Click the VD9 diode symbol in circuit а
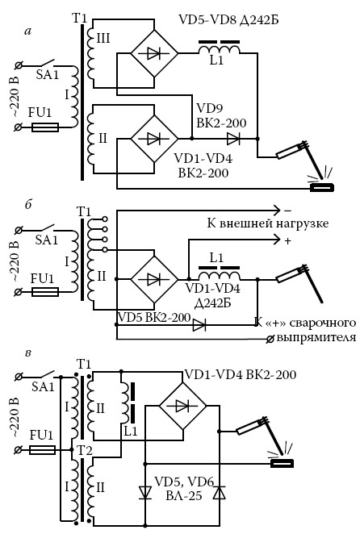(233, 139)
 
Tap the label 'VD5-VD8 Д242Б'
(228, 19)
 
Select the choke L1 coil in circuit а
(219, 49)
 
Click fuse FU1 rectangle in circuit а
(45, 127)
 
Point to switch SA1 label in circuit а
(48, 74)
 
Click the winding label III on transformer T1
(103, 38)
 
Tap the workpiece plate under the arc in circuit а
(321, 187)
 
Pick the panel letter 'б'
(28, 204)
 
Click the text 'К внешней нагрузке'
(268, 223)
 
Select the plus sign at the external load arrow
(287, 241)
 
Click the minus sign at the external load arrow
(288, 211)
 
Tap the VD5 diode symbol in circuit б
(199, 325)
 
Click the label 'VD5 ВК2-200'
(154, 317)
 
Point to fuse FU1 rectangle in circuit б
(45, 292)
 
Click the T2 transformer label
(85, 451)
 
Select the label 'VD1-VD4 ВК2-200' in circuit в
(241, 374)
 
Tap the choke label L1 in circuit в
(130, 432)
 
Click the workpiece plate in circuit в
(282, 463)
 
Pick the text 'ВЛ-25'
(184, 495)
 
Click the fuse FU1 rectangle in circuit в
(42, 450)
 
